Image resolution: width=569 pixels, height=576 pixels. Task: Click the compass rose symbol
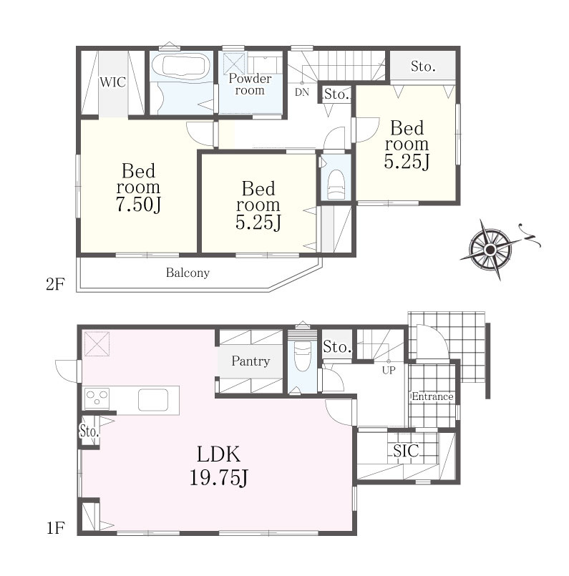(x=490, y=250)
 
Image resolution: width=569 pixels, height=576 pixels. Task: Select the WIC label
(x=113, y=82)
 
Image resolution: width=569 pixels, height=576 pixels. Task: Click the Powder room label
(x=250, y=84)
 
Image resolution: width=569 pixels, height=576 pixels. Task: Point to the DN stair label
(x=302, y=92)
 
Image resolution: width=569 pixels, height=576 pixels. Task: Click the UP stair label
(x=389, y=371)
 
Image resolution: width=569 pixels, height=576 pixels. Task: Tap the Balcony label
(x=188, y=273)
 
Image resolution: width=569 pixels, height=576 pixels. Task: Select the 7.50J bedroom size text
(x=138, y=205)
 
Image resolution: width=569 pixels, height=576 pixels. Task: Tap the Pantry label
(x=251, y=361)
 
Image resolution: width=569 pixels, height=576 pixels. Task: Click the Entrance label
(x=432, y=396)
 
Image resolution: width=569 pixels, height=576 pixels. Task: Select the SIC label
(x=406, y=451)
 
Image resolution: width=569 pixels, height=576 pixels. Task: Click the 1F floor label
(x=55, y=528)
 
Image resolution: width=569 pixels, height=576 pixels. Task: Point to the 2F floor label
(x=55, y=284)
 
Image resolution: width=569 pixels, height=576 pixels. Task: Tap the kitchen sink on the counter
(x=153, y=400)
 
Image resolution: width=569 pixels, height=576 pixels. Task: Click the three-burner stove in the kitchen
(x=97, y=399)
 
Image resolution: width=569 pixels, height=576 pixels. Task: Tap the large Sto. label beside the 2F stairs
(x=423, y=67)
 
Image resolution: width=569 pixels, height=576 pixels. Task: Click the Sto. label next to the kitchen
(x=89, y=431)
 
